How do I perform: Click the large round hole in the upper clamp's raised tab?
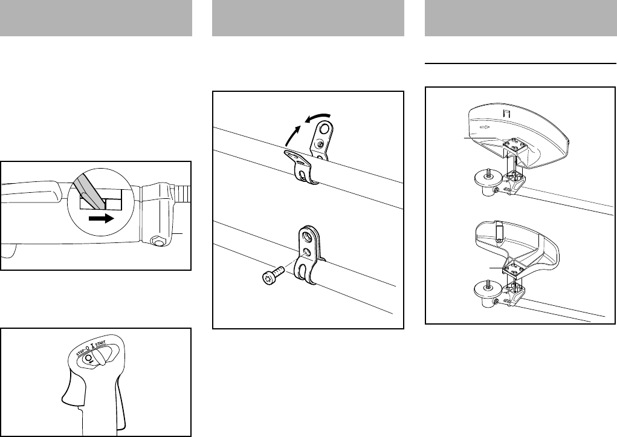coord(323,128)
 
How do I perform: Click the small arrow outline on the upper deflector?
coord(485,128)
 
